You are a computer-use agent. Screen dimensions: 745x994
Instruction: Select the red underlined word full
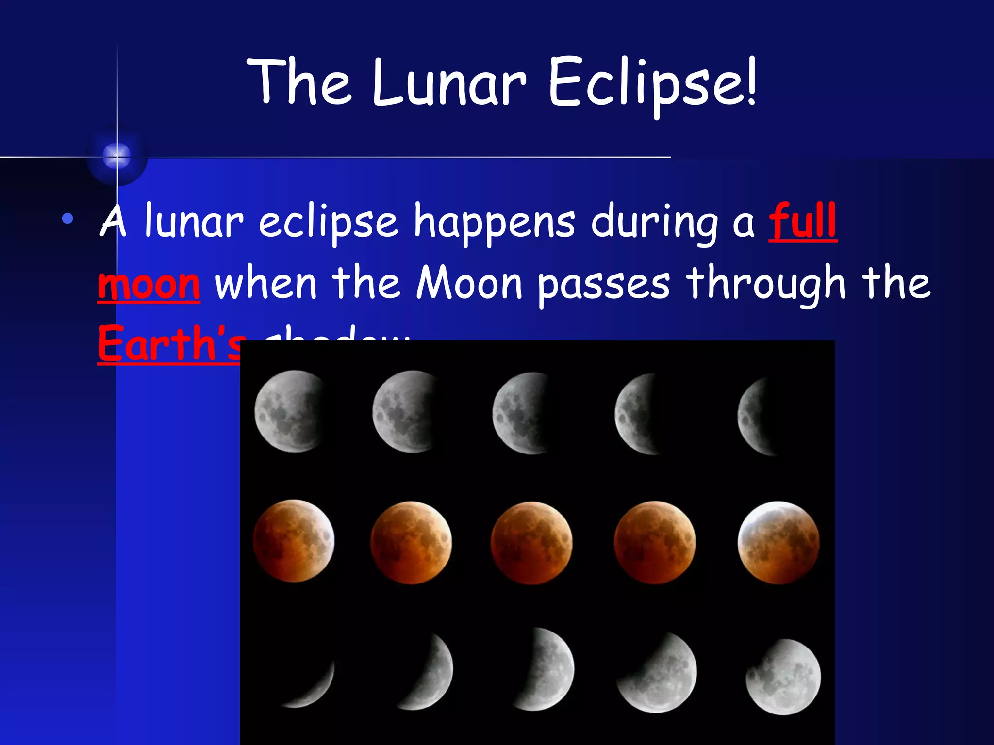pos(803,222)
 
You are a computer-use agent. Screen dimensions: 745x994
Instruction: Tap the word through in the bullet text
pos(767,285)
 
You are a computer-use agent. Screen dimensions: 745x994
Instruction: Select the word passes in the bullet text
pos(604,285)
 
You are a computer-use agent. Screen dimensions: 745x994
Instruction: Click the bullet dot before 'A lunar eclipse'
pos(67,219)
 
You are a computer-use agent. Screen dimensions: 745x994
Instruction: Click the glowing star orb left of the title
pos(117,156)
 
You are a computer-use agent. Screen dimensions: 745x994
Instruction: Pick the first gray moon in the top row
pos(290,411)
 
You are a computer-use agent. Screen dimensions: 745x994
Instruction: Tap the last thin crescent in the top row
pos(756,416)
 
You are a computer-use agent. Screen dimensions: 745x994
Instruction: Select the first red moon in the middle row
pos(294,540)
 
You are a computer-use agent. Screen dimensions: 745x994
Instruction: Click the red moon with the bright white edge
pos(779,542)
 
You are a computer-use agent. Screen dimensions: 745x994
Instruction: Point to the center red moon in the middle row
pos(531,542)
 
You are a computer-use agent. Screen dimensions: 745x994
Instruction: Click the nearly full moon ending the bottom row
pos(783,677)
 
